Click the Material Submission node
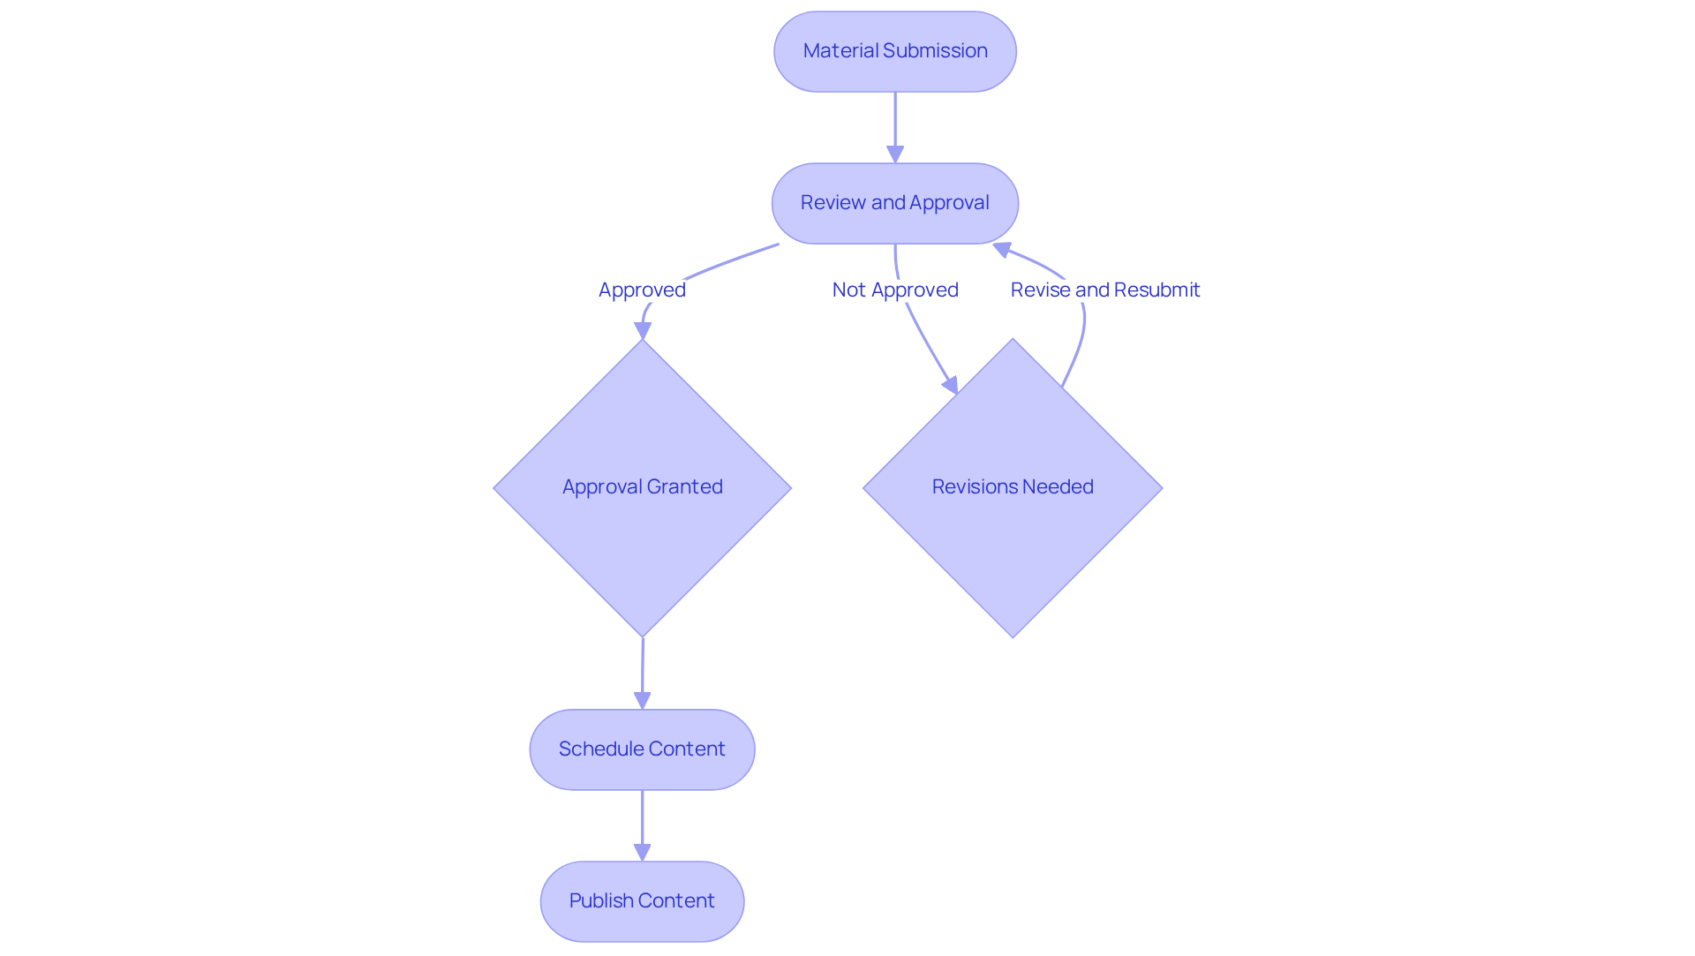(x=894, y=51)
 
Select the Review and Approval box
(x=894, y=203)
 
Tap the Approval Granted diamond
(x=642, y=487)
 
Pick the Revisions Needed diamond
(x=1013, y=487)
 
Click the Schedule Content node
(x=642, y=749)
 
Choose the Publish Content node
(x=642, y=901)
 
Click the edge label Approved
(x=642, y=290)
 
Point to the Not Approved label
(x=894, y=290)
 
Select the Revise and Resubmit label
(x=1104, y=290)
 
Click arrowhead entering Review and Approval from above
(x=895, y=154)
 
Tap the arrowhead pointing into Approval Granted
(x=643, y=331)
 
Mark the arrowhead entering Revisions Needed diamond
(x=951, y=385)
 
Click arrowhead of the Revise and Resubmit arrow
(x=1002, y=249)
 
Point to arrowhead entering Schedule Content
(x=642, y=701)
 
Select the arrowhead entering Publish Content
(x=642, y=853)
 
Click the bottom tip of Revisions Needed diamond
(x=1013, y=635)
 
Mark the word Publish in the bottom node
(x=600, y=901)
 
